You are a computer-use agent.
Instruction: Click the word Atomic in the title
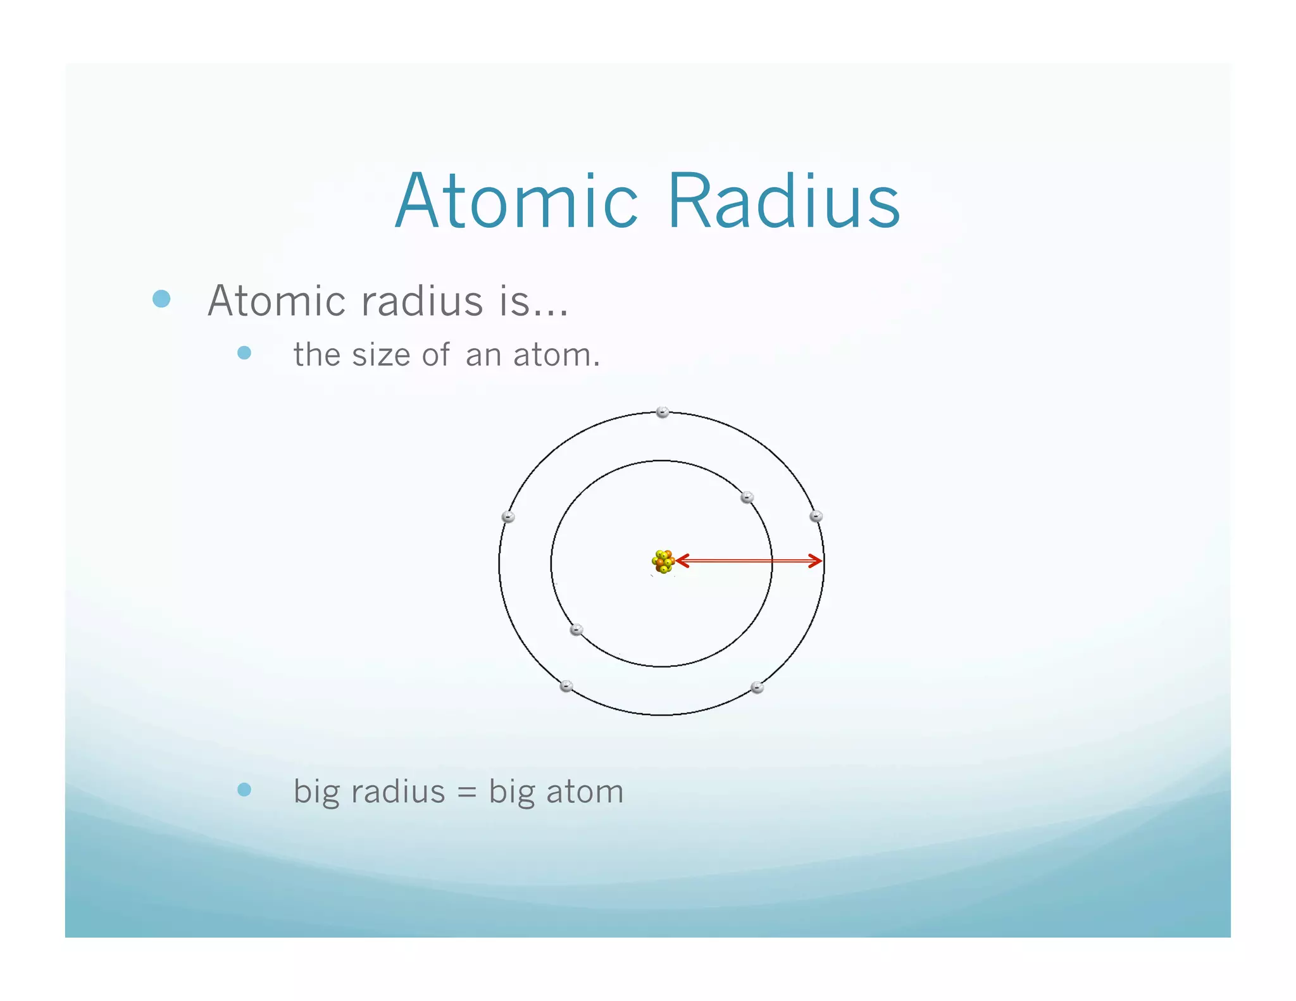click(x=516, y=201)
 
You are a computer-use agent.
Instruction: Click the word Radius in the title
click(x=783, y=201)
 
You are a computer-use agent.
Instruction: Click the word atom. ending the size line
click(x=556, y=355)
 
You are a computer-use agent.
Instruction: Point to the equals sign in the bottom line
click(x=466, y=792)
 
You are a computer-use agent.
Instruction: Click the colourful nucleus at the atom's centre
click(x=663, y=561)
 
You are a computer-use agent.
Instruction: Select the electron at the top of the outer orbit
click(x=663, y=413)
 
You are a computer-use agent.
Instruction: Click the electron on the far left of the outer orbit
click(x=508, y=517)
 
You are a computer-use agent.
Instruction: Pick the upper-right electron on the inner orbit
click(x=747, y=497)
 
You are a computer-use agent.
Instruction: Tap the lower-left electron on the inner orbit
click(x=576, y=630)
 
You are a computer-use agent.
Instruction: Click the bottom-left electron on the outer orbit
click(x=567, y=686)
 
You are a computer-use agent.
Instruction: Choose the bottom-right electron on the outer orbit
click(x=757, y=687)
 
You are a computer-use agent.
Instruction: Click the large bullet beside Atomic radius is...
click(x=162, y=299)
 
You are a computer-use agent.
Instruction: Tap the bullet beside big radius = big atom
click(x=244, y=790)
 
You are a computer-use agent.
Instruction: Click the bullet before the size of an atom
click(x=244, y=352)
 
